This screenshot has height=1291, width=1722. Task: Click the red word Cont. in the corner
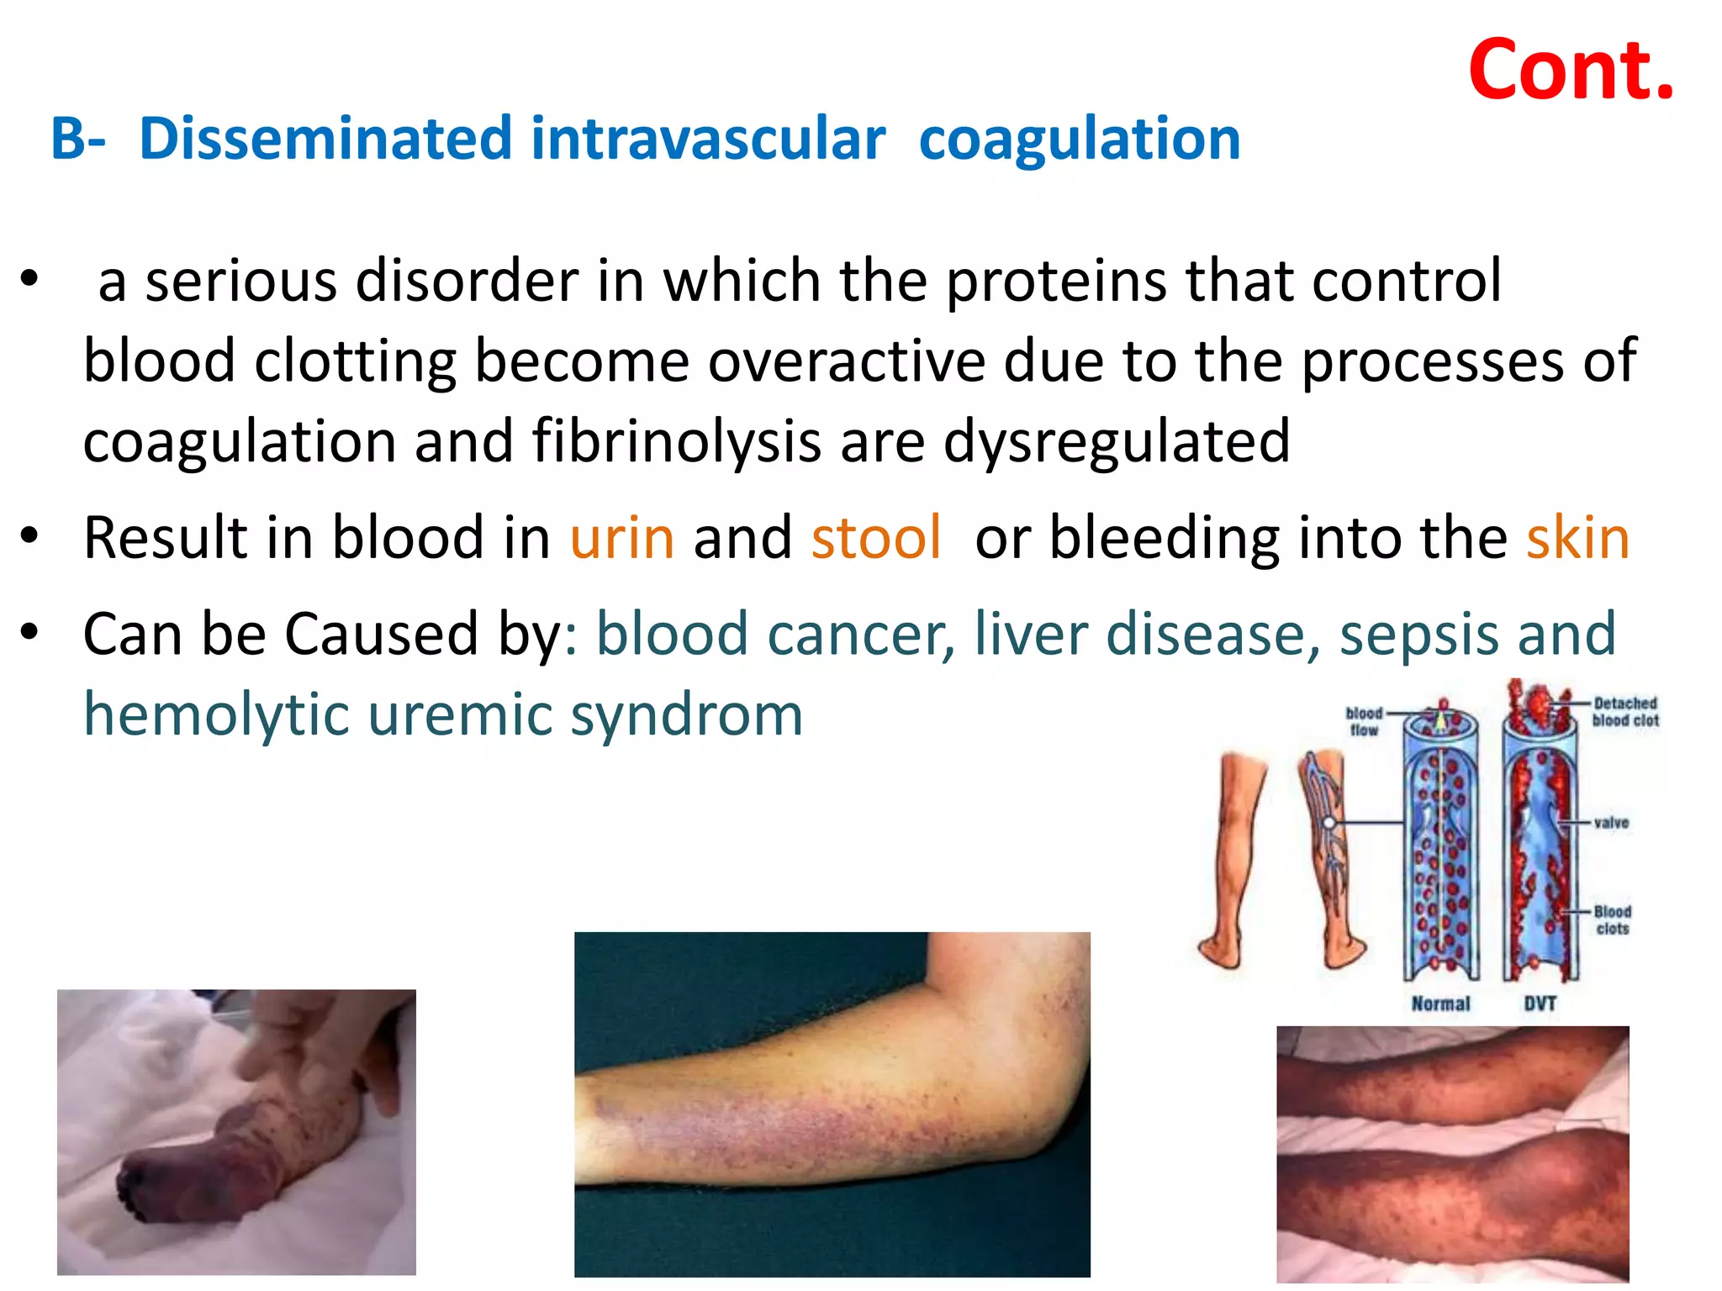pos(1571,71)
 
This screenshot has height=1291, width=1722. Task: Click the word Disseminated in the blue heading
pos(325,139)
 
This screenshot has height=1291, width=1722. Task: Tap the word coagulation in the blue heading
pos(1080,140)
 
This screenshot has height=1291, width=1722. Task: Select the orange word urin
pos(622,538)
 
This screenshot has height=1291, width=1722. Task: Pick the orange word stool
pos(875,538)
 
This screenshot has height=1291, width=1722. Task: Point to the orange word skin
pos(1577,538)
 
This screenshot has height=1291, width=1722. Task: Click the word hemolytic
pos(216,715)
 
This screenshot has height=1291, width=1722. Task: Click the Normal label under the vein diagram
pos(1440,1004)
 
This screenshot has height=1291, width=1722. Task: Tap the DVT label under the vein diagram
pos(1540,1004)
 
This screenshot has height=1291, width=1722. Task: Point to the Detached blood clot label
pos(1624,712)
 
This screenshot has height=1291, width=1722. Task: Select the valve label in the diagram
pos(1611,823)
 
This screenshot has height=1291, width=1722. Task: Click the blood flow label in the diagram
pos(1364,721)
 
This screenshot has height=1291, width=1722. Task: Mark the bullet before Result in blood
pos(30,536)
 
